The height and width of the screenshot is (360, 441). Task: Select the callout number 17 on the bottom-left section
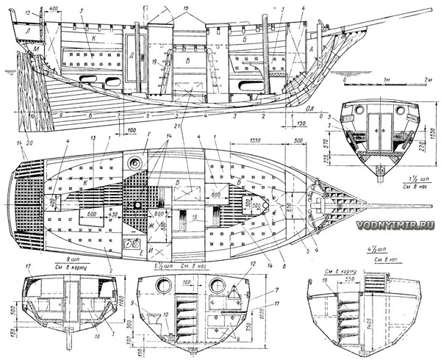[29, 267]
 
